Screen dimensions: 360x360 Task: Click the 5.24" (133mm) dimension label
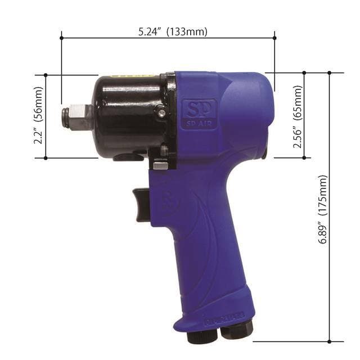click(x=173, y=31)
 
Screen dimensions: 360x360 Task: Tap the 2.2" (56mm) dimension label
click(x=38, y=115)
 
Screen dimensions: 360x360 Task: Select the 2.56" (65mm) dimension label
click(x=298, y=116)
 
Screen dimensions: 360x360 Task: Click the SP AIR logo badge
click(x=200, y=114)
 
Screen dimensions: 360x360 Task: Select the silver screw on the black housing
click(x=162, y=112)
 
